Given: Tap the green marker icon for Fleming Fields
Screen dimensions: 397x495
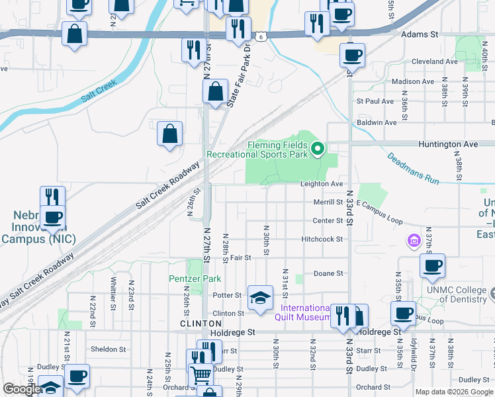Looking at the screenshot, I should pyautogui.click(x=318, y=148).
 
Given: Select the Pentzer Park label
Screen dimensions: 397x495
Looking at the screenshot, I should pyautogui.click(x=195, y=279).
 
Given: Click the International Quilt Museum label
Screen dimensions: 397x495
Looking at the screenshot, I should pyautogui.click(x=305, y=312).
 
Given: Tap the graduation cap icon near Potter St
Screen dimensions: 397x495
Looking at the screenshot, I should pyautogui.click(x=260, y=297).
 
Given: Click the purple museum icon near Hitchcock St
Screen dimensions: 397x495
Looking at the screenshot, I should pyautogui.click(x=414, y=240).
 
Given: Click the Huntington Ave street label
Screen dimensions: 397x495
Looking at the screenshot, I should pyautogui.click(x=447, y=144).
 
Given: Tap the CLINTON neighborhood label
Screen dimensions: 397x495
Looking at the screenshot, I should pyautogui.click(x=195, y=324).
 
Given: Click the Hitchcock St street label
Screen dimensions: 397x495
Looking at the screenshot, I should pyautogui.click(x=322, y=239).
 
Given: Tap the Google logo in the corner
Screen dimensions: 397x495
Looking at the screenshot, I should pyautogui.click(x=21, y=389).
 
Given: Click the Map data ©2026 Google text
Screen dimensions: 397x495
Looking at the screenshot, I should pyautogui.click(x=454, y=392).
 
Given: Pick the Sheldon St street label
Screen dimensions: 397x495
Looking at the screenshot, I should pyautogui.click(x=108, y=349).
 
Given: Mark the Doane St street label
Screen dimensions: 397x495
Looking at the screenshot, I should pyautogui.click(x=328, y=273).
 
